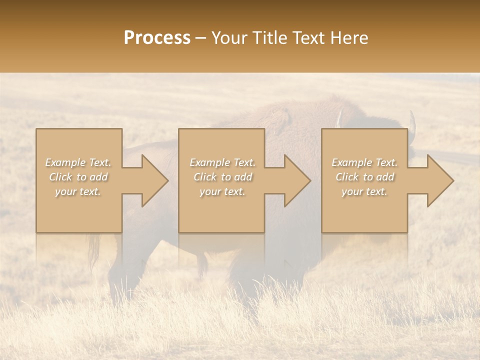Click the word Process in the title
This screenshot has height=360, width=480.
coord(157,38)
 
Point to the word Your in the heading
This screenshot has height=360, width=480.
coord(229,38)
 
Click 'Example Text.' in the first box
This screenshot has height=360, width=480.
coord(78,162)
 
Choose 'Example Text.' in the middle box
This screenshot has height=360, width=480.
coord(222,162)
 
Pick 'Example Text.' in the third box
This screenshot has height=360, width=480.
coord(364,162)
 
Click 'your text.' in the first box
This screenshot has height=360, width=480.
coord(78,191)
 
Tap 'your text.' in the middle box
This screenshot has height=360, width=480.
coord(222,191)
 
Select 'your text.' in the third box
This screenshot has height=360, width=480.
coord(364,191)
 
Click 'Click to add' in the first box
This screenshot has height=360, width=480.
coord(78,177)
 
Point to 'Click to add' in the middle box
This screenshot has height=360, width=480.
coord(222,177)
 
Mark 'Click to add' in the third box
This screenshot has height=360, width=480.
coord(364,177)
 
